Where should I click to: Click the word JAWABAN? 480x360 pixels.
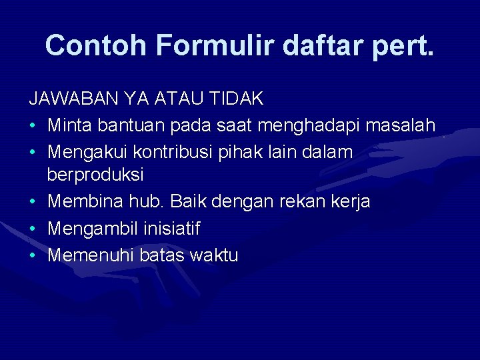[71, 99]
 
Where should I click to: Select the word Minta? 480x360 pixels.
[69, 125]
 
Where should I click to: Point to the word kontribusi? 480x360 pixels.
[174, 151]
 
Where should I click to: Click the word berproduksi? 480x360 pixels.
[95, 176]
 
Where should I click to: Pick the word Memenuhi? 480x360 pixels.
[86, 255]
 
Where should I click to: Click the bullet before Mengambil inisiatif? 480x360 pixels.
[32, 229]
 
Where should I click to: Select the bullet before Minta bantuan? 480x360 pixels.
[32, 125]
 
